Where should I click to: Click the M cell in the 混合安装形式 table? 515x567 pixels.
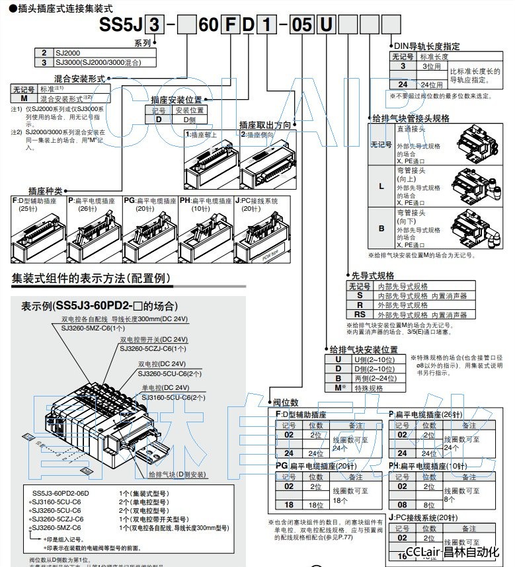[24, 98]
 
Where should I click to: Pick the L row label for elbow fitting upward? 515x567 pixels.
[381, 186]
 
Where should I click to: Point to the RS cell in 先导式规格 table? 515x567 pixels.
[360, 315]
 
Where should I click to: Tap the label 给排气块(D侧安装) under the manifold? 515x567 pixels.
[177, 474]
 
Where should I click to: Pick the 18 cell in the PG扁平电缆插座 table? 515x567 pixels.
[289, 505]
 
